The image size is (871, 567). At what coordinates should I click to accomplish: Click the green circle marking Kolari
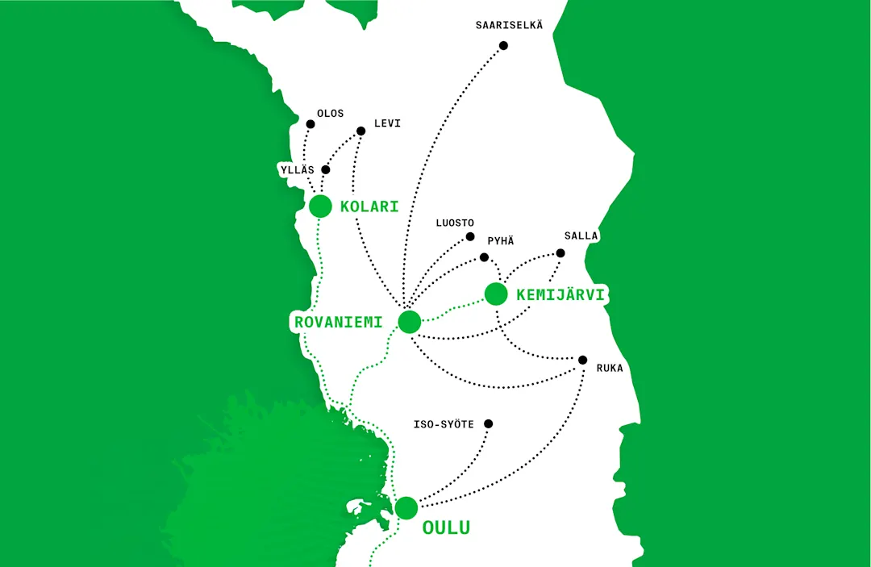click(x=320, y=206)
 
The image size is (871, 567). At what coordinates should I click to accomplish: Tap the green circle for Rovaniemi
click(x=410, y=322)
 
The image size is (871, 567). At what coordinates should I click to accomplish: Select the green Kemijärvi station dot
click(x=496, y=294)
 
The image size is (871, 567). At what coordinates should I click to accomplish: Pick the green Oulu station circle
click(x=406, y=508)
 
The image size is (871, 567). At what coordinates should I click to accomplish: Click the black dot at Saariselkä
click(x=504, y=46)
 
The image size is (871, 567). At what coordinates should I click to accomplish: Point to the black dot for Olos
click(x=310, y=124)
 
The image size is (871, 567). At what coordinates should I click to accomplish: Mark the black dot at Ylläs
click(x=326, y=170)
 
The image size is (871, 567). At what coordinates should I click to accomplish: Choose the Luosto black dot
click(x=470, y=237)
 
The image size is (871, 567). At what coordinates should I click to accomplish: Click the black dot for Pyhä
click(x=484, y=257)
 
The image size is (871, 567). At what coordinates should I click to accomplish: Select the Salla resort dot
click(x=561, y=253)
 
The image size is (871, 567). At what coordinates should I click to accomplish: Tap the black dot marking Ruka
click(x=582, y=360)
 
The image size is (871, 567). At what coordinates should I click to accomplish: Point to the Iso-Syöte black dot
click(x=488, y=423)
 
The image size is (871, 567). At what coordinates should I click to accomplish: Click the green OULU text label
click(x=446, y=528)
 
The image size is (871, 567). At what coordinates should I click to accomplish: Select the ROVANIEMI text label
click(x=337, y=323)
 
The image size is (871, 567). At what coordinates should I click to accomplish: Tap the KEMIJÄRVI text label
click(x=561, y=296)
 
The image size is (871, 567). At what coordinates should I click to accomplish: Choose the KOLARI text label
click(x=369, y=206)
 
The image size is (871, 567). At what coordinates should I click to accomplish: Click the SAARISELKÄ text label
click(x=509, y=25)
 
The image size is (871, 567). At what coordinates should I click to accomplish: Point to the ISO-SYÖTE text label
click(x=444, y=424)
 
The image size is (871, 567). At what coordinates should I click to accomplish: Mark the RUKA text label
click(x=610, y=369)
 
